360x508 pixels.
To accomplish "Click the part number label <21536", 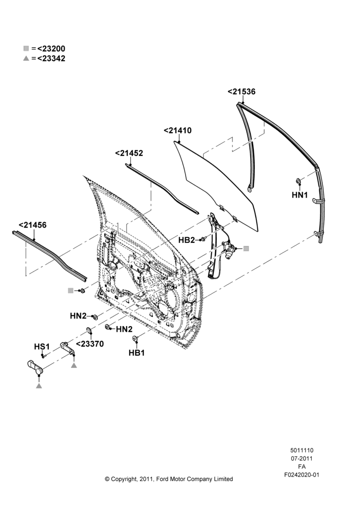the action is click(242, 91).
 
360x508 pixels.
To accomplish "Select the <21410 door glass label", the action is click(177, 131).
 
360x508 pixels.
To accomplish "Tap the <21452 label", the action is click(129, 153).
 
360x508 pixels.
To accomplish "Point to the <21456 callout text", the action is click(33, 225).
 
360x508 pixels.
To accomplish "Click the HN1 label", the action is click(299, 195).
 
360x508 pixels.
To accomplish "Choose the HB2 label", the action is click(187, 240).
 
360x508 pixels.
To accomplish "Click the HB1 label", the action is click(137, 353).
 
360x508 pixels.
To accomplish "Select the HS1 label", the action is click(42, 346).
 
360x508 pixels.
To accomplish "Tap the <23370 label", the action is click(90, 344).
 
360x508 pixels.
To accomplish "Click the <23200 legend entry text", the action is click(51, 49).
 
